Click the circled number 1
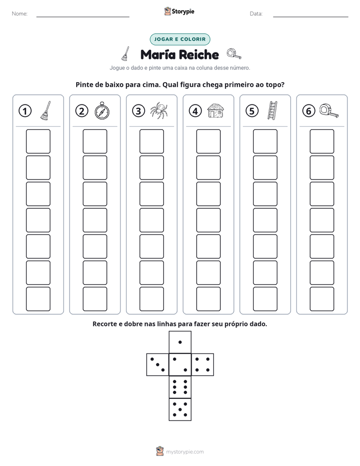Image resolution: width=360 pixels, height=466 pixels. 25,111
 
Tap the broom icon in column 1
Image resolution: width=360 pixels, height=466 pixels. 45,110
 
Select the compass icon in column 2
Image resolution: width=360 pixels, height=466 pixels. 102,110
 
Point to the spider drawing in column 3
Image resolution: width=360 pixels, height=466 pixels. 159,110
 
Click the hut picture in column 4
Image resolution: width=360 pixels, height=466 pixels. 215,110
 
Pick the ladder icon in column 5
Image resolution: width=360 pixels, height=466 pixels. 272,110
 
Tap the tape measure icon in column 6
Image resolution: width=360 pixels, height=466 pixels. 329,110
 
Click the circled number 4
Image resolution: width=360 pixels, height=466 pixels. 195,111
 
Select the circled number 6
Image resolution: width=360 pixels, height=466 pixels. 309,111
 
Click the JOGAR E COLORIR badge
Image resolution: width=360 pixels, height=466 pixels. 180,39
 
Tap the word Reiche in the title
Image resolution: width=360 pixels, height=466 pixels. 199,54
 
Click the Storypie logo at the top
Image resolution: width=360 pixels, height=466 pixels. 179,11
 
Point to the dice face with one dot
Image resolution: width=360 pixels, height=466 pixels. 180,342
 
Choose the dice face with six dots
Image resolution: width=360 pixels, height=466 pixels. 180,387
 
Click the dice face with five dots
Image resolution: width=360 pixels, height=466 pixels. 180,410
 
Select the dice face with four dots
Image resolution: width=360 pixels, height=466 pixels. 203,365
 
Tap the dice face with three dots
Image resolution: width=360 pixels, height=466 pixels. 158,365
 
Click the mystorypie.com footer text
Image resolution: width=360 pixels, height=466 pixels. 185,452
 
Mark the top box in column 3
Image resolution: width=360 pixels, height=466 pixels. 151,141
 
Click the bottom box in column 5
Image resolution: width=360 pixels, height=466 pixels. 265,299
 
